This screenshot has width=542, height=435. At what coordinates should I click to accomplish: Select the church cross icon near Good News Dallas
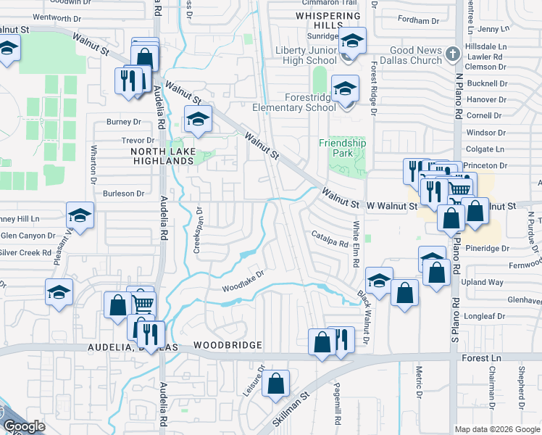(452, 54)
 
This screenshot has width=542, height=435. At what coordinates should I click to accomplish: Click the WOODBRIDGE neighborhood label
(225, 345)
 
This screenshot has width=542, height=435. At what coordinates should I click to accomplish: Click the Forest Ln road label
(480, 357)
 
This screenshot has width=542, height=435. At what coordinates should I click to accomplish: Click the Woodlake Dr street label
(241, 280)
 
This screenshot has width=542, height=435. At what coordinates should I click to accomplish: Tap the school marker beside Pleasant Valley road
(80, 215)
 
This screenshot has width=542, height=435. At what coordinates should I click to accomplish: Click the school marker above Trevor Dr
(197, 120)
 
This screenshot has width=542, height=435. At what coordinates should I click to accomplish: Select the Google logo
(23, 426)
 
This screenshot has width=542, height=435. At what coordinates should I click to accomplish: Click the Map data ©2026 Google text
(497, 428)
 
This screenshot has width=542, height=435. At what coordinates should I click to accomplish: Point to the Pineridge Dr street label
(486, 248)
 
